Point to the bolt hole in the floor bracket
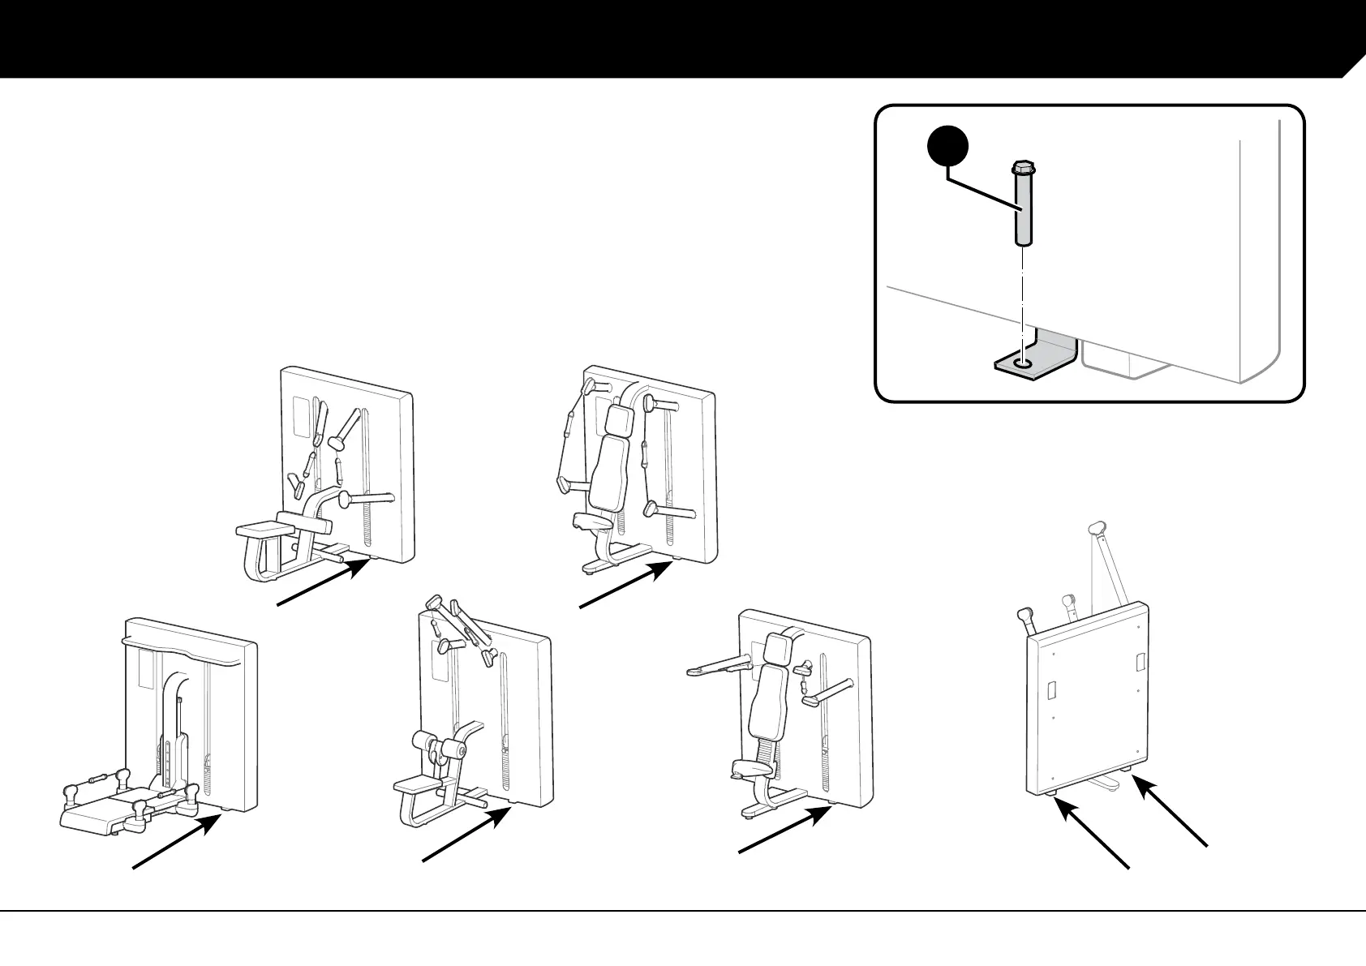click(1023, 364)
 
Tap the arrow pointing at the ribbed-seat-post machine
click(783, 827)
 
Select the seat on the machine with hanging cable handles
click(591, 519)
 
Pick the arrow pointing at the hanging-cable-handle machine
click(625, 584)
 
